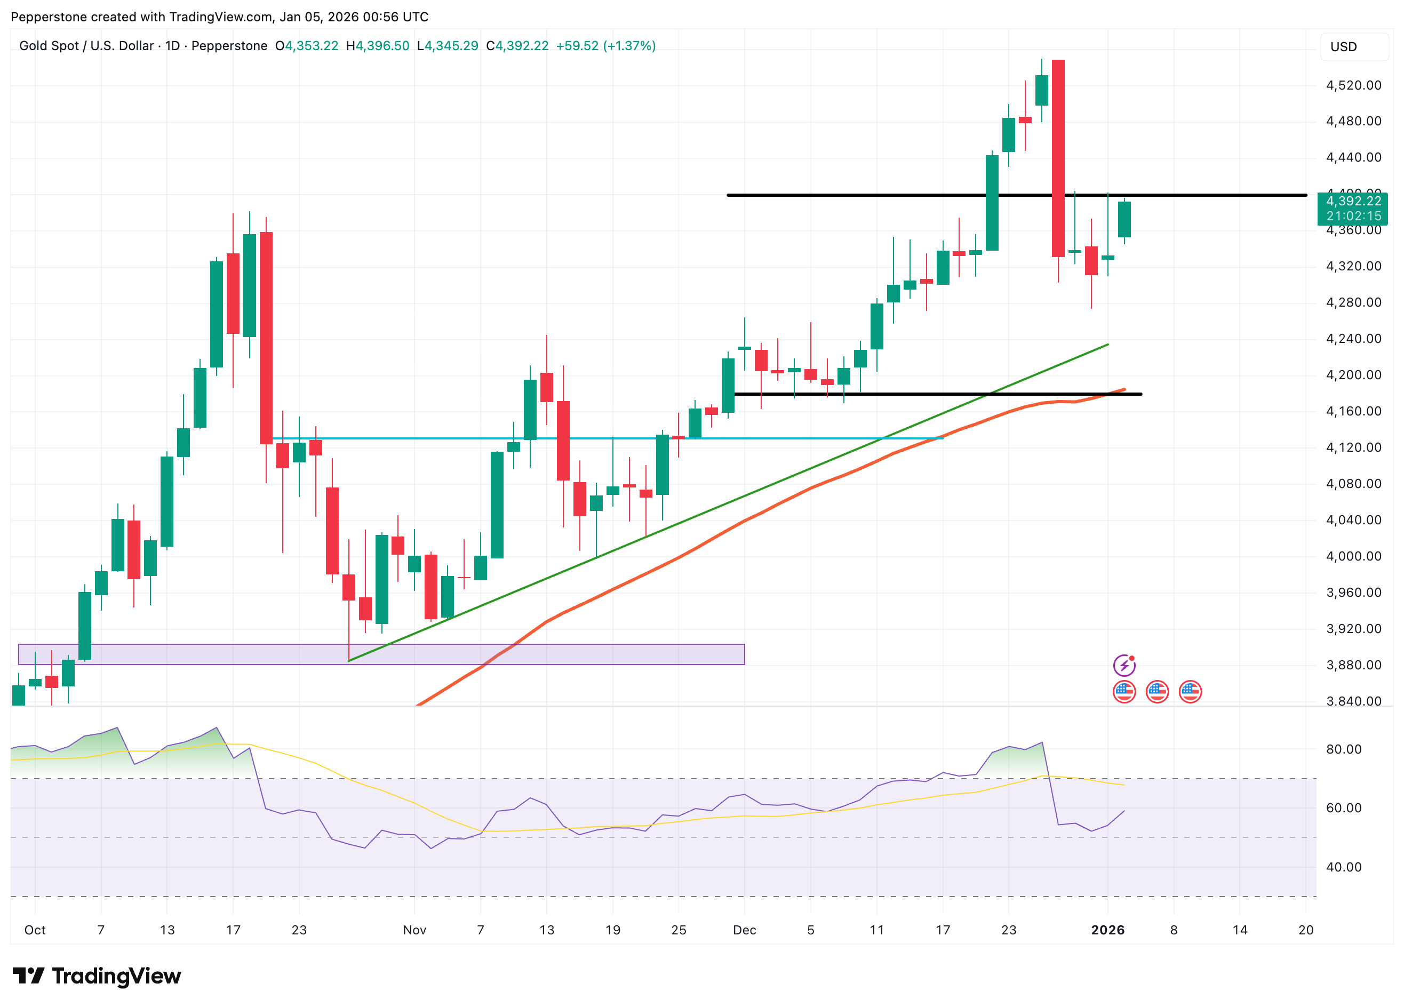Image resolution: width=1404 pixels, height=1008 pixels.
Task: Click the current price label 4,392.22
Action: pos(1353,201)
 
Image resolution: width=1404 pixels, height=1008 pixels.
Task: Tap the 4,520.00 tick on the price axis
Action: pos(1353,85)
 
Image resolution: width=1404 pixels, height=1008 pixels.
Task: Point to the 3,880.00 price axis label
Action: pos(1353,665)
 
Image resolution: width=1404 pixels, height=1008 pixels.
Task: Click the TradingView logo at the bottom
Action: pos(97,976)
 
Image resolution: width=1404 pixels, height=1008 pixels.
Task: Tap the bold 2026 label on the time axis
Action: pos(1107,930)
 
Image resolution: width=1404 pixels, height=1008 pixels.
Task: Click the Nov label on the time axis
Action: pos(414,930)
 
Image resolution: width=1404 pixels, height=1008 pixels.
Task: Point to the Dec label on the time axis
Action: pos(744,930)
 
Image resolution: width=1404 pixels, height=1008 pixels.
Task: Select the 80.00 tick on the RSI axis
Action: pos(1343,749)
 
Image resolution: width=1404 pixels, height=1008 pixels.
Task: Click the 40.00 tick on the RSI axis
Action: pos(1343,867)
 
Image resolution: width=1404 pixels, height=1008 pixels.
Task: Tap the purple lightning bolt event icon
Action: pos(1123,666)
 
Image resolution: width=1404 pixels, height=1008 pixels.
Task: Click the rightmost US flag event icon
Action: pos(1190,692)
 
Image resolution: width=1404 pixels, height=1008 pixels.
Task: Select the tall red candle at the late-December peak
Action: pos(1058,158)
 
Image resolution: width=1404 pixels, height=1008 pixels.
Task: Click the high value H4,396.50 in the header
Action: pos(378,46)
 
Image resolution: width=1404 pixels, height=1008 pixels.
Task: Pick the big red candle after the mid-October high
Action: pos(266,337)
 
